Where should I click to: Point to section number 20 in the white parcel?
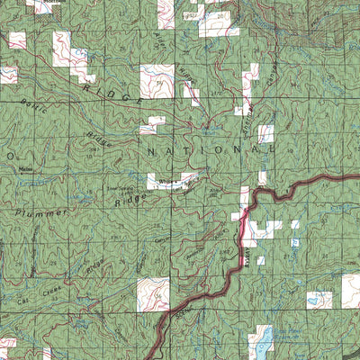221,16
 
